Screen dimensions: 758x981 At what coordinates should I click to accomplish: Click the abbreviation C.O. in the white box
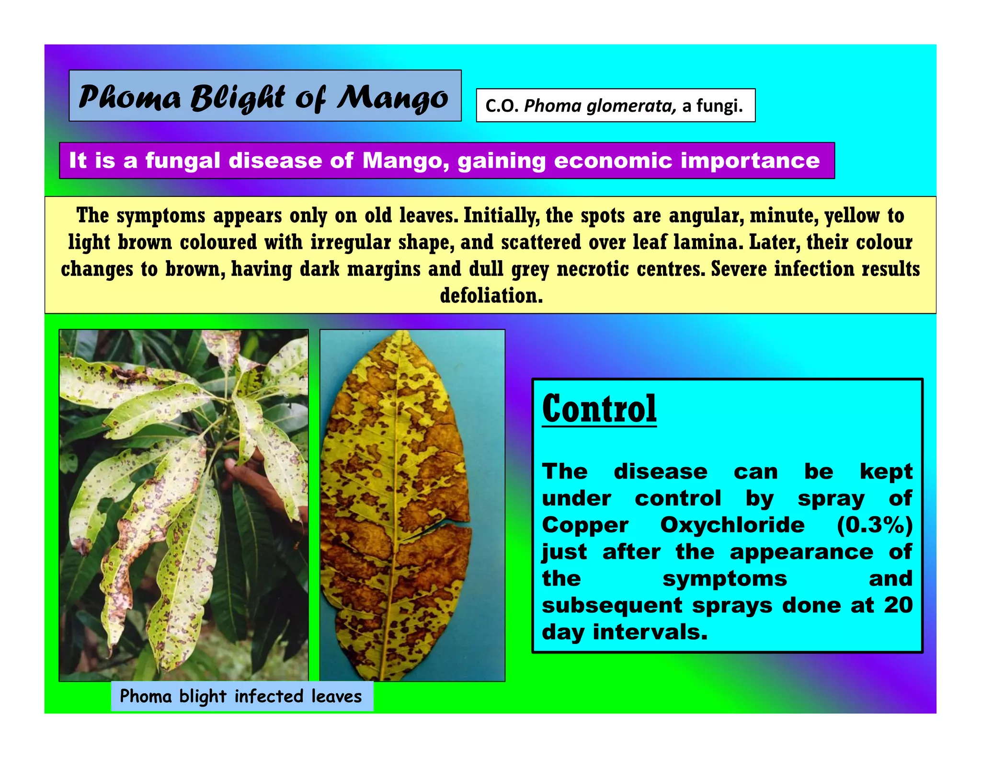point(502,106)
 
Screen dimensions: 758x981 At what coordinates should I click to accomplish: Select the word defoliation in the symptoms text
point(491,296)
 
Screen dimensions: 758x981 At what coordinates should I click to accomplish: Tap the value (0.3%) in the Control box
point(874,525)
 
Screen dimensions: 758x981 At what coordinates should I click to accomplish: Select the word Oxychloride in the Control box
point(732,525)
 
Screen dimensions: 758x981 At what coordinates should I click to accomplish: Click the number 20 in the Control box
point(898,605)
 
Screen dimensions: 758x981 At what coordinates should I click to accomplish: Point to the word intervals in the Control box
point(650,632)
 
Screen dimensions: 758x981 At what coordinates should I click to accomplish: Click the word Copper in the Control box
point(585,525)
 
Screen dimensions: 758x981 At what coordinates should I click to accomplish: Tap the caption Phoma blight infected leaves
point(241,696)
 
